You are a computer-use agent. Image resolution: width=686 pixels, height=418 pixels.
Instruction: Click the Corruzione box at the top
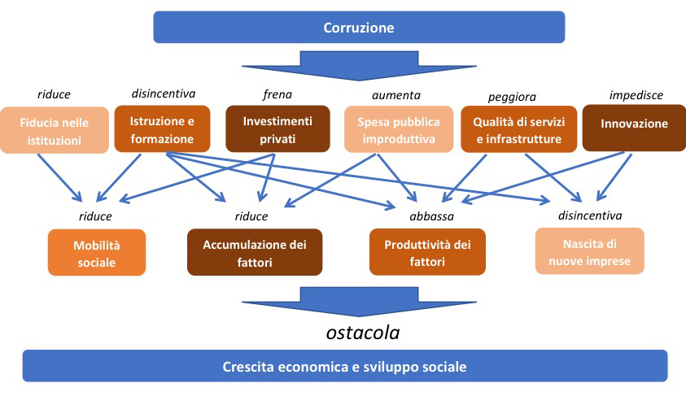pos(358,28)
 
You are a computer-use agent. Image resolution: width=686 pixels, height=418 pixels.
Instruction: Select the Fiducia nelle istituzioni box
pos(54,130)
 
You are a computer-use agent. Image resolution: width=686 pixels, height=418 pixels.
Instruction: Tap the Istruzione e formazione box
pos(163,129)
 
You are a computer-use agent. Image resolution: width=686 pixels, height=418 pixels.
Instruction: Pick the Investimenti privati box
pos(277,130)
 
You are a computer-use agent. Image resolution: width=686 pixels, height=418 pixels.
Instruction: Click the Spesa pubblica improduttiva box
pos(398,130)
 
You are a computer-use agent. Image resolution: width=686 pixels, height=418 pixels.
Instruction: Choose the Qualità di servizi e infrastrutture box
pos(518,130)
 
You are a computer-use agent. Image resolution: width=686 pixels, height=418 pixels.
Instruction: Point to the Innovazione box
pos(634,125)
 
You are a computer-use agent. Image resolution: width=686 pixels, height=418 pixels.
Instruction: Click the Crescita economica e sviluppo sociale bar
pos(344,366)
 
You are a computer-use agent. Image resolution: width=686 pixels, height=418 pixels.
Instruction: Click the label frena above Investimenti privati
pos(277,94)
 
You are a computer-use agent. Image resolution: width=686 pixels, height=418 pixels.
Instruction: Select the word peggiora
pos(512,97)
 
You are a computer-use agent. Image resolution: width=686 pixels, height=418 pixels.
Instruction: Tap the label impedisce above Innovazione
pos(636,95)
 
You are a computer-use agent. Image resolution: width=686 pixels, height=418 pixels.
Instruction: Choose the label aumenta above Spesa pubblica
pos(395,95)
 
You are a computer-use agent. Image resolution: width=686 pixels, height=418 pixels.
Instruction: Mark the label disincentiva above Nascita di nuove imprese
pos(590,216)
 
